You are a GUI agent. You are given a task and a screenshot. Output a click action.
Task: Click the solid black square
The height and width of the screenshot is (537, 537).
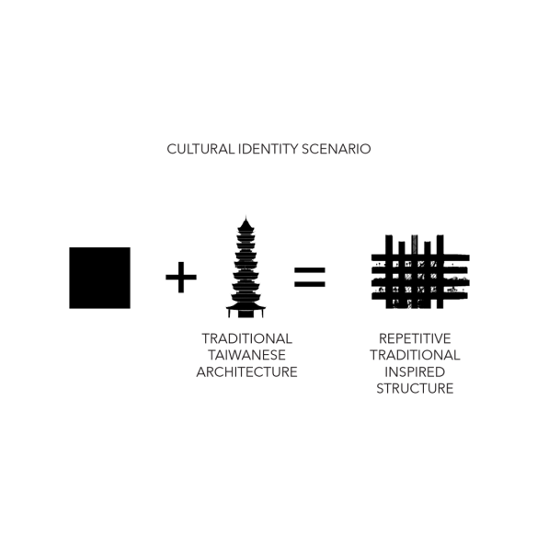pos(99,278)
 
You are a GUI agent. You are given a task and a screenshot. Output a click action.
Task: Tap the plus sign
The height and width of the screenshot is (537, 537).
pos(181,278)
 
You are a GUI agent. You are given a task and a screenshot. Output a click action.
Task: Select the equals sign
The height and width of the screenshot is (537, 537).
pos(310,277)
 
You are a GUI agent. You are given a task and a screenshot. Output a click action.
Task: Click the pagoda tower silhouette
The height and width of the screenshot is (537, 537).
pos(246,268)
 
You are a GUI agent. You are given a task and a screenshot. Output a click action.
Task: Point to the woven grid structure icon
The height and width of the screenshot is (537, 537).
pos(420,271)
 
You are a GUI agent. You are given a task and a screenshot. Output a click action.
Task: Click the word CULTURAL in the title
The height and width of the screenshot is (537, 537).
pos(200,149)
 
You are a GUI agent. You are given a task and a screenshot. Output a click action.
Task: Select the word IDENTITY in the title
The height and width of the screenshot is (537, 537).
pos(268,149)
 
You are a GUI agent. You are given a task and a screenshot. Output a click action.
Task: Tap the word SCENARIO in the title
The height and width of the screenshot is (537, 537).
pos(337,149)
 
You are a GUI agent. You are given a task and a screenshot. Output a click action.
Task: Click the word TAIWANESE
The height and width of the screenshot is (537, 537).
pos(246,355)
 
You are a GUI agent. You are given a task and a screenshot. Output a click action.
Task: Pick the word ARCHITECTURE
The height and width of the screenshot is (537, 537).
pos(246,371)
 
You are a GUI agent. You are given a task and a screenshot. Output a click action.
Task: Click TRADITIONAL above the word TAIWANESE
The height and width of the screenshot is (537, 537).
pos(246,338)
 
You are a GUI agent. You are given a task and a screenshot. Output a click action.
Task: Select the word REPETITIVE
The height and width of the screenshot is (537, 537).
pos(415,338)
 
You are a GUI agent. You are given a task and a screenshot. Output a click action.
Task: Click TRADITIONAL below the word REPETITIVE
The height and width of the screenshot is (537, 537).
pos(415,355)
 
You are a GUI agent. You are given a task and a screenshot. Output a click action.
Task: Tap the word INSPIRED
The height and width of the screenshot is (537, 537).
pos(415,371)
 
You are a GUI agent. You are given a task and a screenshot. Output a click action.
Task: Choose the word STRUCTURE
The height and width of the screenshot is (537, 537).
pos(415,388)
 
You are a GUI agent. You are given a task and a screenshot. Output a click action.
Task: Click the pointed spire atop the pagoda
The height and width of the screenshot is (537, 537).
pos(246,218)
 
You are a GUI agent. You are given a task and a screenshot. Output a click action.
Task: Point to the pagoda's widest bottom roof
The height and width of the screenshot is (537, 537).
pos(246,306)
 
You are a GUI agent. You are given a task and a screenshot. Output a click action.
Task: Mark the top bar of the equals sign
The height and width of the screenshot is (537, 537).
pos(310,270)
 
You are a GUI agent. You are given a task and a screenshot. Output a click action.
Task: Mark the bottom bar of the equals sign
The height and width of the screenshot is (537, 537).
pos(310,284)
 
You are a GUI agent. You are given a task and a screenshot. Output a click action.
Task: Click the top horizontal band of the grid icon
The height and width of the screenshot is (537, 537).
pos(420,257)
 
